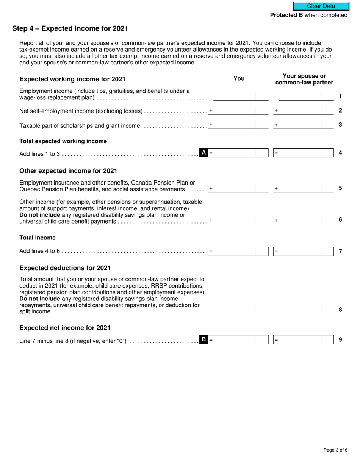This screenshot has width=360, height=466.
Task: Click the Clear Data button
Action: [321, 6]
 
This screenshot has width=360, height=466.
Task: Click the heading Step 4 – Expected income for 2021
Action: [70, 28]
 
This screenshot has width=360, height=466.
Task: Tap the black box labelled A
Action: [203, 153]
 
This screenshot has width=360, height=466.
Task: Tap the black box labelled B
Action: [203, 339]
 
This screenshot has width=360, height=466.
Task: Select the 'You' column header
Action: [239, 78]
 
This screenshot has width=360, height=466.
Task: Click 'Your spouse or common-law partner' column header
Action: [304, 79]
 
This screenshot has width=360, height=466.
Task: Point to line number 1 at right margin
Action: [340, 97]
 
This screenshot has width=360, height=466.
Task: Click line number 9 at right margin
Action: [340, 340]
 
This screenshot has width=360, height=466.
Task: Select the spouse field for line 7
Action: [297, 251]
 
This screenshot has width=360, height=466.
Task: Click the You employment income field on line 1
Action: [234, 96]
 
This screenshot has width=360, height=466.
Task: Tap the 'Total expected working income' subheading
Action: [63, 141]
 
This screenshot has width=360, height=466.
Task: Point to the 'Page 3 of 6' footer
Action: [335, 450]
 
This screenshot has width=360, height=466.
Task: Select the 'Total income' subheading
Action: [37, 238]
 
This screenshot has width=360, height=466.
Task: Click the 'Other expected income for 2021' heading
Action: [68, 171]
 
